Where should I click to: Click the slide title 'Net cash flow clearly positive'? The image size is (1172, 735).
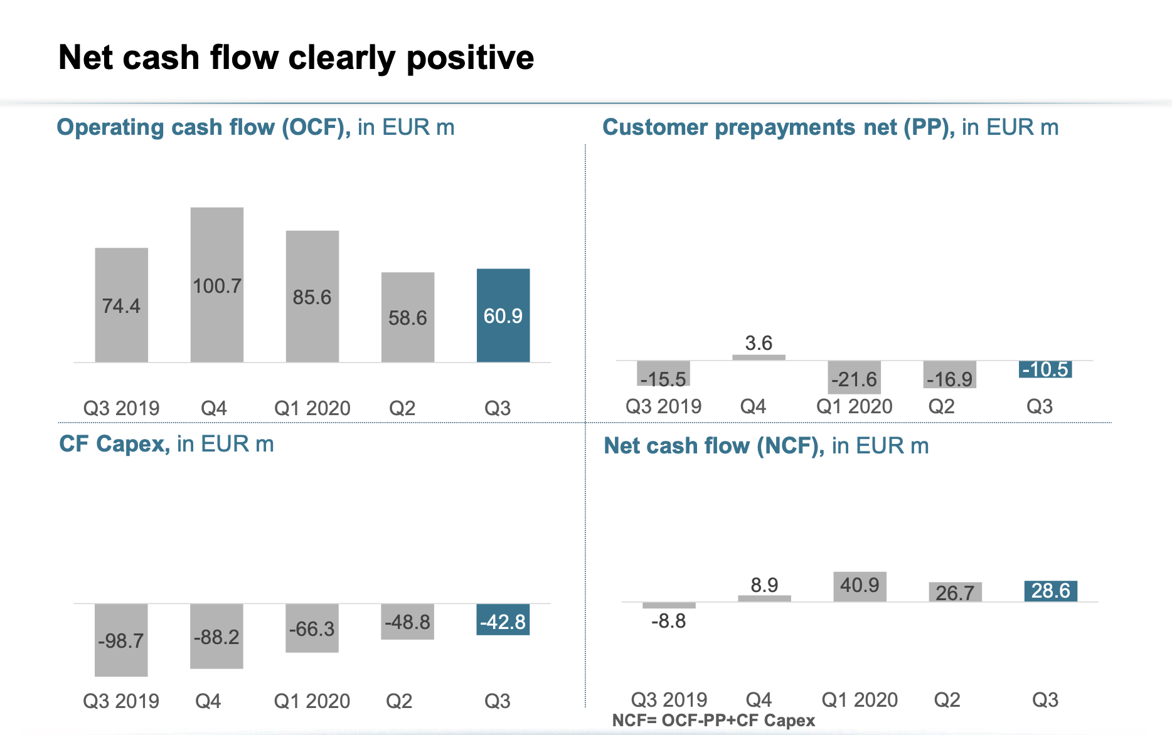[296, 58]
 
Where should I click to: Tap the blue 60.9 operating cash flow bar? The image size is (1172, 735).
[503, 315]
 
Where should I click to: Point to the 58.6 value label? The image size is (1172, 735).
[408, 318]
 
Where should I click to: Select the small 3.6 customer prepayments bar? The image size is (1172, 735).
[759, 357]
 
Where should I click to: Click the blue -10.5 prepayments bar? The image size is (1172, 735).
[1045, 369]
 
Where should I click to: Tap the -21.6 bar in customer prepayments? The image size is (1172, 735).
[854, 378]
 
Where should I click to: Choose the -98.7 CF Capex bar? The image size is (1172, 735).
[121, 640]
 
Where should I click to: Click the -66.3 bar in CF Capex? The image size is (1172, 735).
[312, 628]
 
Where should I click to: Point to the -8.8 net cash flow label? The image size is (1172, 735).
[669, 621]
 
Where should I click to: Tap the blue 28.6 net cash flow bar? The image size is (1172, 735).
[1050, 591]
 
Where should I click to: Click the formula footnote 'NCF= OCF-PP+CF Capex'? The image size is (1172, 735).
[713, 721]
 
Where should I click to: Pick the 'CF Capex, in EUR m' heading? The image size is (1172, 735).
[166, 444]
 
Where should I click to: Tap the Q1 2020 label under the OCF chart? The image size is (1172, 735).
[312, 408]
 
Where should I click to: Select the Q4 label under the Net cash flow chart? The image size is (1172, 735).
[759, 699]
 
